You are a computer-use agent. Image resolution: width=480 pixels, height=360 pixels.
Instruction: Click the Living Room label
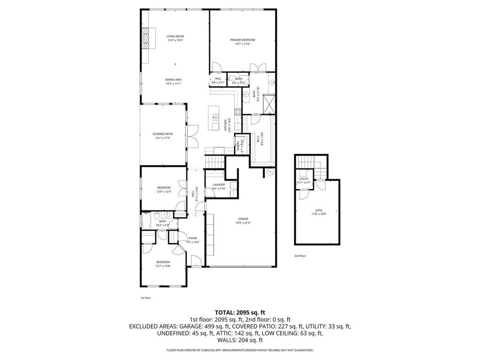pos(175,36)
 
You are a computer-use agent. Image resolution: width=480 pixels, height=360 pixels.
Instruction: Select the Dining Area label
pos(173,80)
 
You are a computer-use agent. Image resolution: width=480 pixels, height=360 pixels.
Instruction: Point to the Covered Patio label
pos(162,134)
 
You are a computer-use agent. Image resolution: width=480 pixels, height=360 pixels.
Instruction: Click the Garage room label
pos(243,219)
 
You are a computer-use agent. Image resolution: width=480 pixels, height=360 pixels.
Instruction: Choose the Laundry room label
pos(219,185)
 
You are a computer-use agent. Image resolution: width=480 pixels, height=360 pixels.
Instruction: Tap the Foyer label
pos(193,238)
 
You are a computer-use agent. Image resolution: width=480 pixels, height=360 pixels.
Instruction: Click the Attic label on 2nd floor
pos(319,210)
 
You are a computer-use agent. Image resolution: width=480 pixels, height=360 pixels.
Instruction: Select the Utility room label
pos(304,179)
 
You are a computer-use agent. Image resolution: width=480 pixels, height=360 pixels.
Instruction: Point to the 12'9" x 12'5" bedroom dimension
pos(164,191)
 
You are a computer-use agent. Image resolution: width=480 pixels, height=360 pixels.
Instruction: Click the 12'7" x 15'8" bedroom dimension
pos(163,266)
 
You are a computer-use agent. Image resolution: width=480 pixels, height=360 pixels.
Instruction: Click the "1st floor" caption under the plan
pos(145,297)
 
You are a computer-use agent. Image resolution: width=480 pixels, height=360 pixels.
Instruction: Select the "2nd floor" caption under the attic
pos(300,256)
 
